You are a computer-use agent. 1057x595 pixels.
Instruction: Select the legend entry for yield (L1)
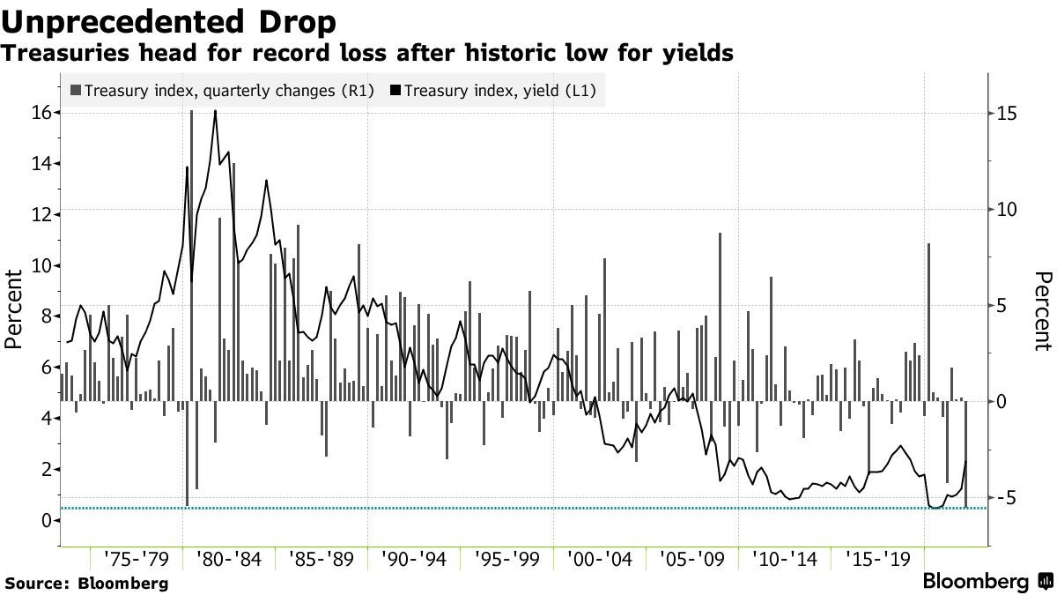[x=494, y=89]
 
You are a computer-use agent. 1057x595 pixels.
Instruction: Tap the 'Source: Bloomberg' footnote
[x=85, y=583]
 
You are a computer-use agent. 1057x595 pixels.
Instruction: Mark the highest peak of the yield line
[x=215, y=112]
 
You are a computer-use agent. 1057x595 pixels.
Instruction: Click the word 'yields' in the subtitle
[x=700, y=54]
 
